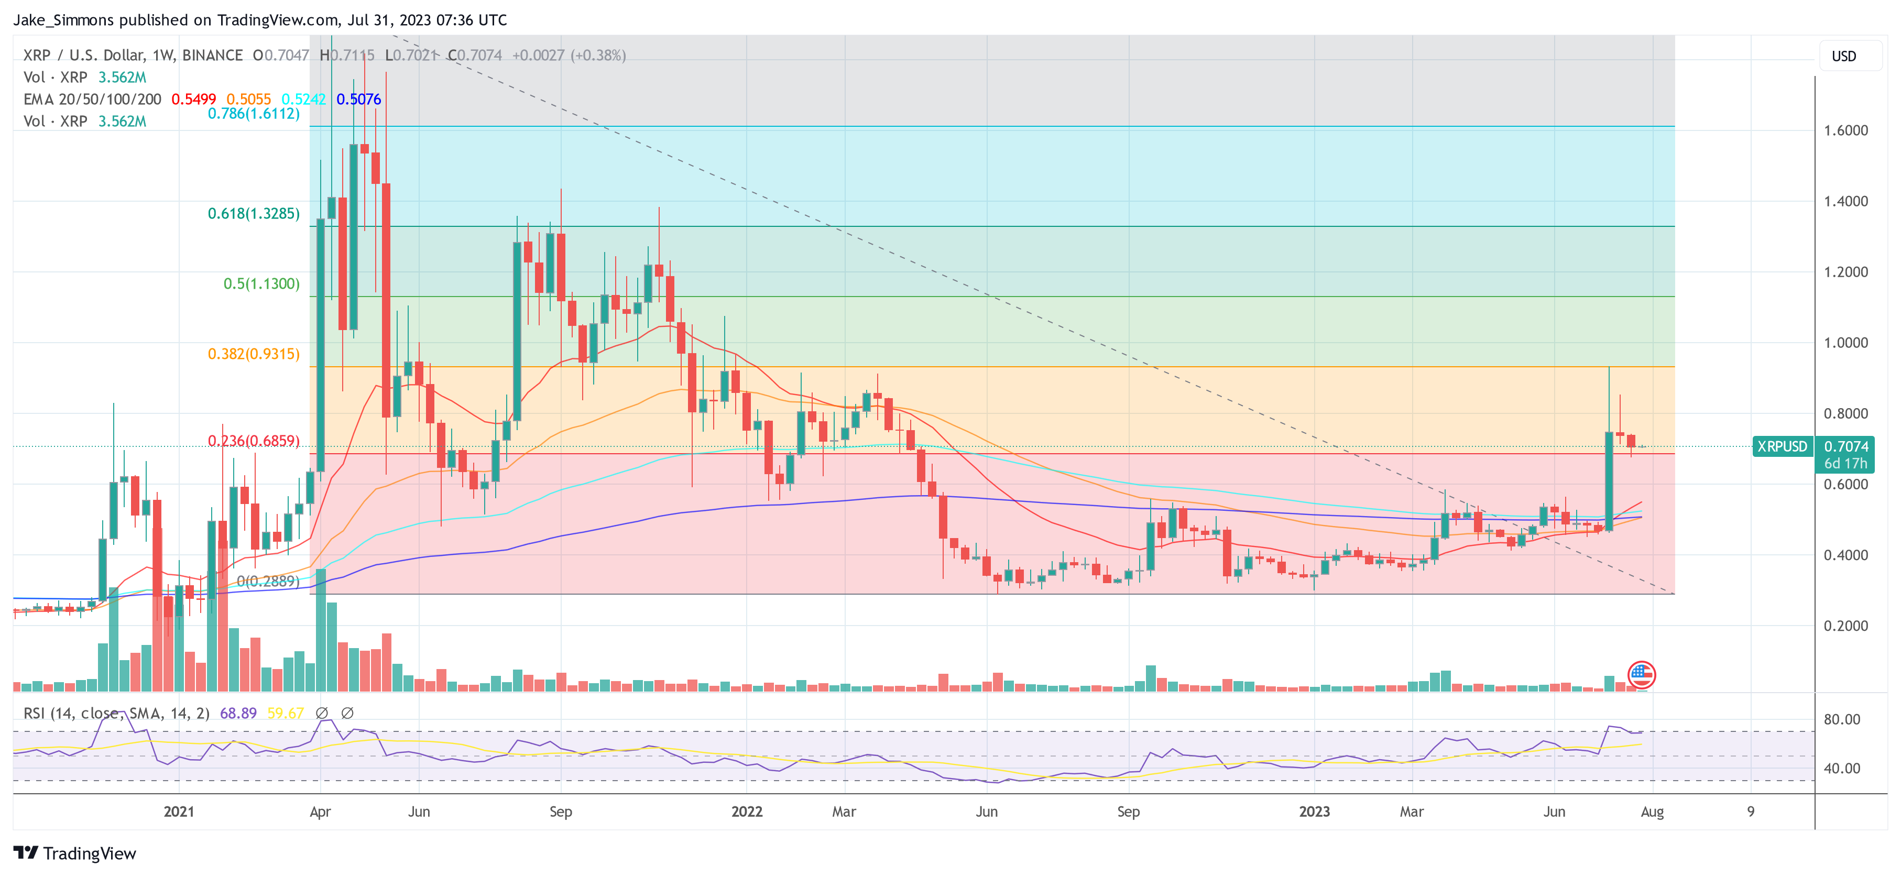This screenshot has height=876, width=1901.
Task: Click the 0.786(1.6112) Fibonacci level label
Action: [x=253, y=114]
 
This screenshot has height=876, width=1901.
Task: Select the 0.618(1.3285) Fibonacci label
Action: [x=253, y=213]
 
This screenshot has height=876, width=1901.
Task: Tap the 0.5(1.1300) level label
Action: [x=261, y=283]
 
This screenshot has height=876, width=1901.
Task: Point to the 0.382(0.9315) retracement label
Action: [x=253, y=354]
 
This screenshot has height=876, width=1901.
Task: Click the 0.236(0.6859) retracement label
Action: [x=253, y=441]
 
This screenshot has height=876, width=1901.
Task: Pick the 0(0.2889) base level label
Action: [x=268, y=581]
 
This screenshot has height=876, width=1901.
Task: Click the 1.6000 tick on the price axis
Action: [x=1845, y=130]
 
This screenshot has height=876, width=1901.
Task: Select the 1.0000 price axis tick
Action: [x=1845, y=343]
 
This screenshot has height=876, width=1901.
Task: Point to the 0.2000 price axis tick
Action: [x=1845, y=626]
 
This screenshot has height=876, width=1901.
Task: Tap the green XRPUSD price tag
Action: [x=1782, y=446]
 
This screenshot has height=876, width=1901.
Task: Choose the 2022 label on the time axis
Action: [x=746, y=812]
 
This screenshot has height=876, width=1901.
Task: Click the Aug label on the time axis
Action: [x=1652, y=812]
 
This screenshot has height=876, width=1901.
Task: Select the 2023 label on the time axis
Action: [x=1314, y=812]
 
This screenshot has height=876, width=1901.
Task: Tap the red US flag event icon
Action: [x=1641, y=674]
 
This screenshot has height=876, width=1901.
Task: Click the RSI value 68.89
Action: [x=238, y=713]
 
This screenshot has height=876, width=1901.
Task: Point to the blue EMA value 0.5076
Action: [x=358, y=99]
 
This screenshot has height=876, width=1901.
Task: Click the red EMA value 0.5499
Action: [x=193, y=99]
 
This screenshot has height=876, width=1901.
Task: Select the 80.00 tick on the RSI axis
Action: [x=1841, y=719]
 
